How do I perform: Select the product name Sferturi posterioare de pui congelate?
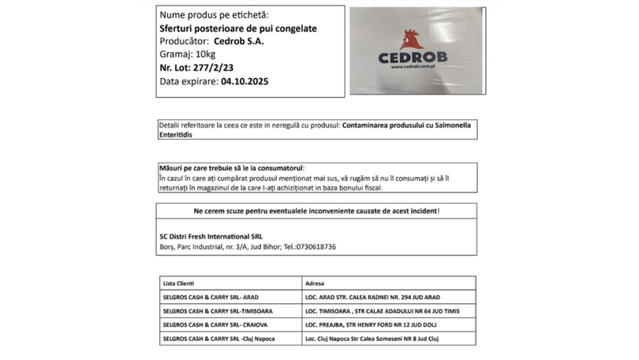coord(238,28)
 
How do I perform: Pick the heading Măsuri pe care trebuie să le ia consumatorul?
coord(231,169)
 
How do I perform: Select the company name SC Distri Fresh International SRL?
coord(211,235)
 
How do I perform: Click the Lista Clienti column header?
coord(178,283)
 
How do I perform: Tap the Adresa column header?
coord(315,283)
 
